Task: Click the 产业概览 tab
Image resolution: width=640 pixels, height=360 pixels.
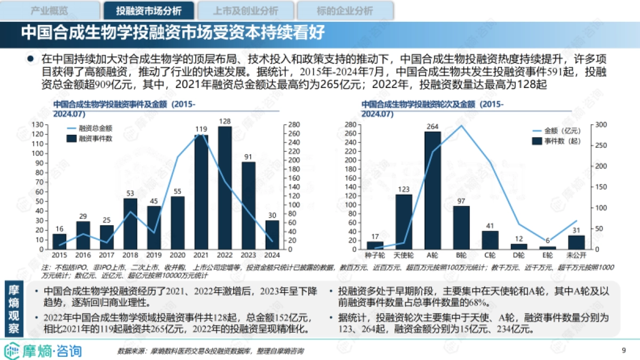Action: (x=50, y=10)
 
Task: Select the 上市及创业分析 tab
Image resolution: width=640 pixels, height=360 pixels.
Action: (x=245, y=10)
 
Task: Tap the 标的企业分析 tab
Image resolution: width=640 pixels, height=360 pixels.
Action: (x=345, y=10)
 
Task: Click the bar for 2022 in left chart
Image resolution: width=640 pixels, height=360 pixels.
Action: (x=225, y=188)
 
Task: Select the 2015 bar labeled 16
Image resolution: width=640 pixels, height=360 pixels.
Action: (x=60, y=242)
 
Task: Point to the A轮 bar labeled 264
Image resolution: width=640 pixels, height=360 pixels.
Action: (x=433, y=190)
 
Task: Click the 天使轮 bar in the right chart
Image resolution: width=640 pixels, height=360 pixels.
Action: (x=404, y=222)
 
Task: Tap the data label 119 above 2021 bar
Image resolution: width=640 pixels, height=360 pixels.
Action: (x=201, y=129)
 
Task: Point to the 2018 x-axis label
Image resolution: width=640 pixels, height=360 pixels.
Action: (x=130, y=255)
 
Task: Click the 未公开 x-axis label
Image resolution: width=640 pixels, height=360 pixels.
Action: (x=576, y=255)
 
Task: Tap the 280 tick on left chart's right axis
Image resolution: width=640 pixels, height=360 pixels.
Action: (x=294, y=125)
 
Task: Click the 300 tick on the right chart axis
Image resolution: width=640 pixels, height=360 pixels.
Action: (x=601, y=125)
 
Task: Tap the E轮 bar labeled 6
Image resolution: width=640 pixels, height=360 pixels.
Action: (x=547, y=247)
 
